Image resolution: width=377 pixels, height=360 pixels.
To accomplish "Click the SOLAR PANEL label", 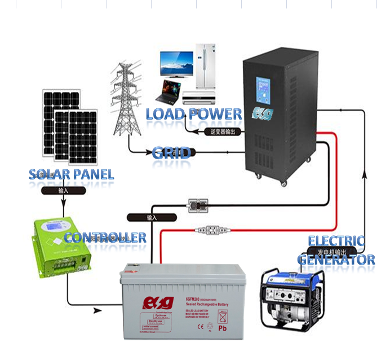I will pyautogui.click(x=72, y=174).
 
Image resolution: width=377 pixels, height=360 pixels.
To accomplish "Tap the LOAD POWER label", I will pyautogui.click(x=194, y=114).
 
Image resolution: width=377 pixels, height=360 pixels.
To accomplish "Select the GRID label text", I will pyautogui.click(x=171, y=153).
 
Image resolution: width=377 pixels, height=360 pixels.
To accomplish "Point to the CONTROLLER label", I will pyautogui.click(x=105, y=238).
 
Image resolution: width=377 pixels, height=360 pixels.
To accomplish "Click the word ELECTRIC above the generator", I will pyautogui.click(x=336, y=242).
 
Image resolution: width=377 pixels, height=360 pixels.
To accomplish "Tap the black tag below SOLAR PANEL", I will pyautogui.click(x=63, y=191).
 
